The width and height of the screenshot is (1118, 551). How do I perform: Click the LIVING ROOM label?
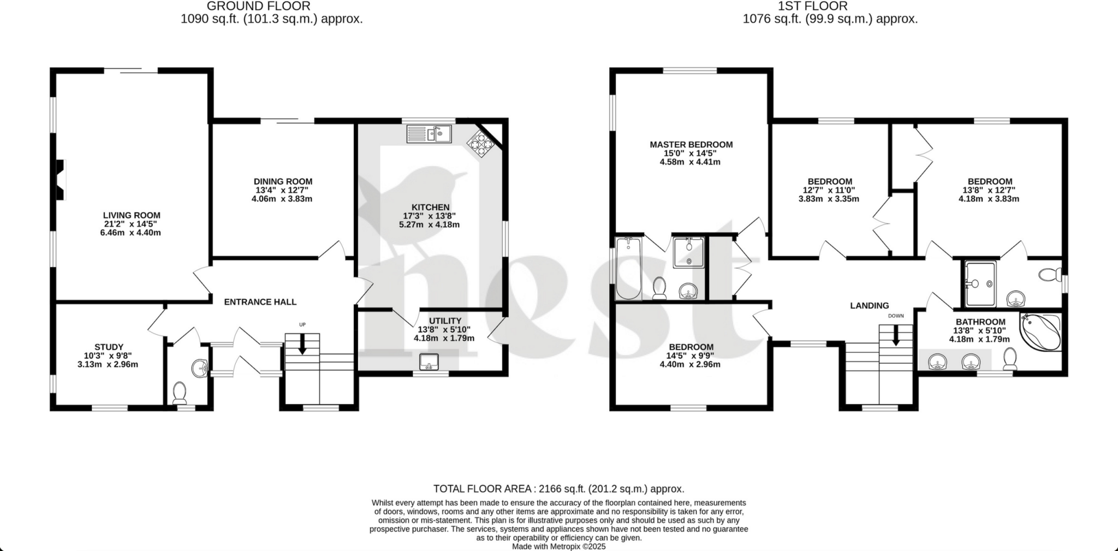click(132, 215)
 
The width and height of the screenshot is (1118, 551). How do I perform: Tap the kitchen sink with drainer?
click(429, 134)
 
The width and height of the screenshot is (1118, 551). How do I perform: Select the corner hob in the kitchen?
click(481, 143)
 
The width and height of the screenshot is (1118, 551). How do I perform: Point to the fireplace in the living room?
click(61, 180)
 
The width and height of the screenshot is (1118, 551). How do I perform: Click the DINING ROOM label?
click(283, 181)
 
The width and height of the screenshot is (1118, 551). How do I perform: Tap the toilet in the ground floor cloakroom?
click(179, 393)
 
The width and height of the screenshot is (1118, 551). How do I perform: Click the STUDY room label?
click(109, 347)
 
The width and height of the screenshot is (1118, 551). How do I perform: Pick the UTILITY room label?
click(445, 321)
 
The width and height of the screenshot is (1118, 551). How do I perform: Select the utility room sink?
click(429, 362)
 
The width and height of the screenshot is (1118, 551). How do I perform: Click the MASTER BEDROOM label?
click(691, 145)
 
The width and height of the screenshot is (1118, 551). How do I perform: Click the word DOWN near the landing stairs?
click(896, 316)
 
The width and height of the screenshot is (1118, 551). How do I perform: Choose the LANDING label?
click(869, 306)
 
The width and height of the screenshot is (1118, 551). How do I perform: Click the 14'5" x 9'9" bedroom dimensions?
click(691, 356)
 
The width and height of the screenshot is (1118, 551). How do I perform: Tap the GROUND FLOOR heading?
click(258, 7)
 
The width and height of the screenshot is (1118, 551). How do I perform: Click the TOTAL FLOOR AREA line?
click(558, 489)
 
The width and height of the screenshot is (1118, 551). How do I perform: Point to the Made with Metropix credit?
click(558, 546)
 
